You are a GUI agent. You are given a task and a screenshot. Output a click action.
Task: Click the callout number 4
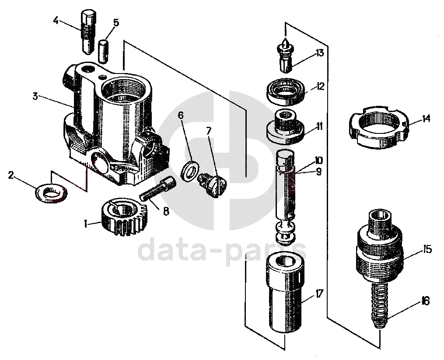(x=56, y=20)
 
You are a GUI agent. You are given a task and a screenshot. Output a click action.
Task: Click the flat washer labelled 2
(x=51, y=192)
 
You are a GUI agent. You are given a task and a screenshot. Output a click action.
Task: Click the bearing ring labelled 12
(x=285, y=91)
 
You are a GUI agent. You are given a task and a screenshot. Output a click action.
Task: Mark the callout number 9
(x=318, y=172)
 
